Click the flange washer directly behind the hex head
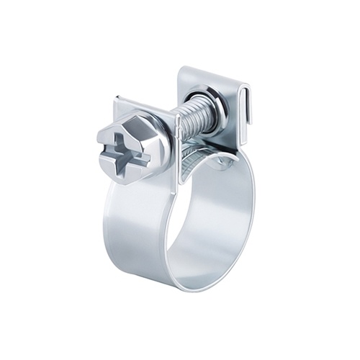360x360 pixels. pyautogui.click(x=162, y=140)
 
